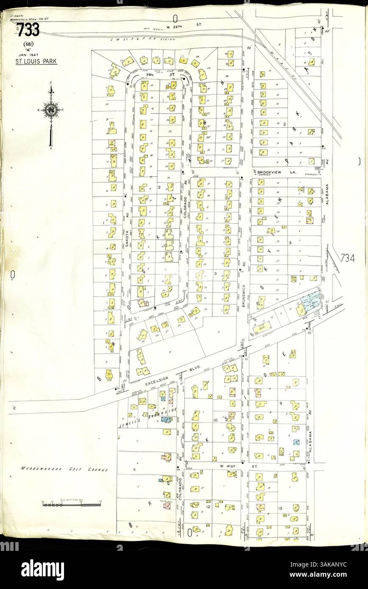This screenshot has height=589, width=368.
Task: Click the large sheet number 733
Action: coord(28,30)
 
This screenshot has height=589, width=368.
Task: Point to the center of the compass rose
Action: coord(51,110)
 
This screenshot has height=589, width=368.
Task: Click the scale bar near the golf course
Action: coord(70,503)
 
